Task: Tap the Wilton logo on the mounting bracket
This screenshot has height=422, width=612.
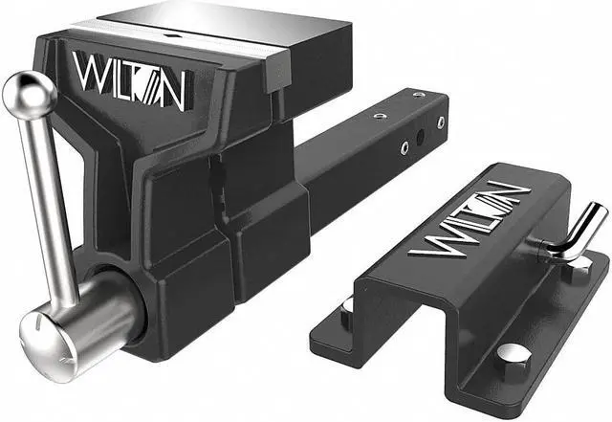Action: point(470,219)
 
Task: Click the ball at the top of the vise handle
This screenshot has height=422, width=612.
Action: point(29,95)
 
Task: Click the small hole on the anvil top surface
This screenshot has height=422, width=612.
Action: point(171,35)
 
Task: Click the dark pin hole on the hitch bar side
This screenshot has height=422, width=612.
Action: point(421,137)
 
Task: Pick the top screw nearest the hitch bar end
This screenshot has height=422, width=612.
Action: point(419,95)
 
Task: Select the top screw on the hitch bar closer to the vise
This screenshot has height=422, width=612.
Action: point(380,115)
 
